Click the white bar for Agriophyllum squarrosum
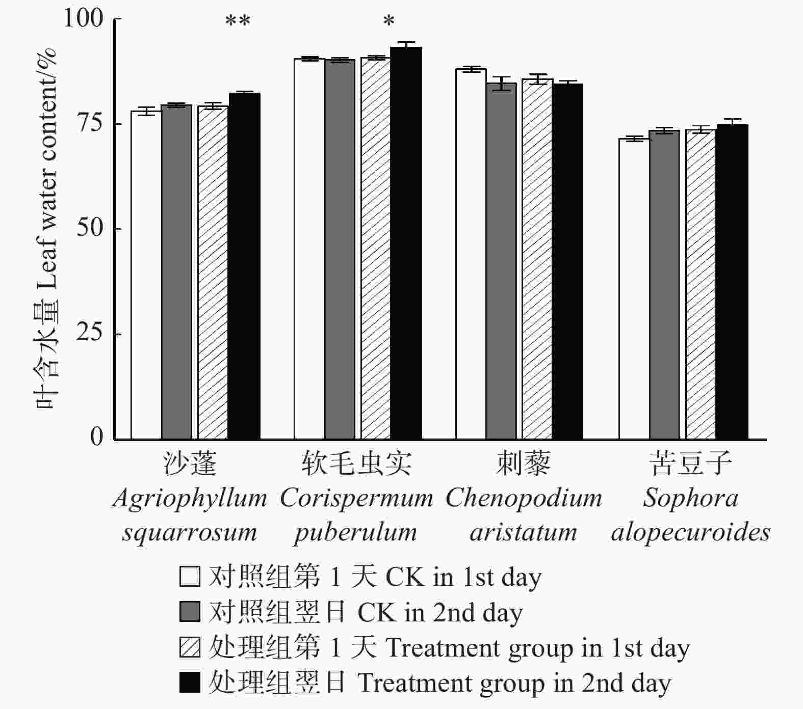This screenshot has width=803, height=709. pyautogui.click(x=146, y=275)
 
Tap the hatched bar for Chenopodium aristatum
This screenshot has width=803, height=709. pyautogui.click(x=537, y=260)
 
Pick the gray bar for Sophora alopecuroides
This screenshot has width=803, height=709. pyautogui.click(x=664, y=285)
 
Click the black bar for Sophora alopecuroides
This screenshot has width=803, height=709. pyautogui.click(x=732, y=282)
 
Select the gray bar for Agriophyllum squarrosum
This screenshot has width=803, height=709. pyautogui.click(x=176, y=272)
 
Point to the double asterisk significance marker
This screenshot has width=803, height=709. pyautogui.click(x=238, y=21)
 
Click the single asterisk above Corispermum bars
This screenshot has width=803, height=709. pyautogui.click(x=388, y=21)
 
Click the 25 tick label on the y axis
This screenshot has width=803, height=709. pyautogui.click(x=89, y=333)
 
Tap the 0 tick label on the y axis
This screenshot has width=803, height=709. pyautogui.click(x=96, y=437)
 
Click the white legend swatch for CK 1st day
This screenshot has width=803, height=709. pyautogui.click(x=190, y=577)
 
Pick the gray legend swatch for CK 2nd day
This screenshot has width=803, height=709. pyautogui.click(x=190, y=612)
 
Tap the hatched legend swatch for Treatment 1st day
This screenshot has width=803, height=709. pyautogui.click(x=190, y=647)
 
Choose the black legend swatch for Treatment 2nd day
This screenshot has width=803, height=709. pyautogui.click(x=190, y=683)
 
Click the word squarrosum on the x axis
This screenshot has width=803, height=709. pyautogui.click(x=190, y=533)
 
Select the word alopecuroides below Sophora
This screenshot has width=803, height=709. pyautogui.click(x=690, y=533)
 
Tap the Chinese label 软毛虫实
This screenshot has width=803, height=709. pyautogui.click(x=356, y=463)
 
